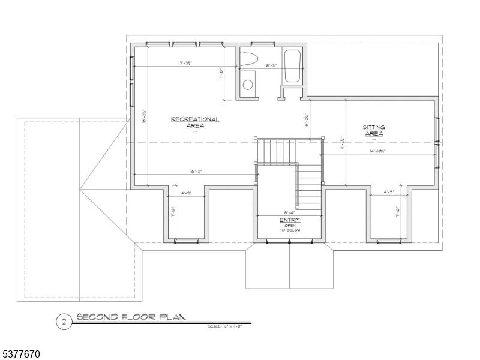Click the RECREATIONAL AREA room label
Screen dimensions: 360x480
tap(195, 122)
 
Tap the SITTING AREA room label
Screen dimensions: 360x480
tap(374, 130)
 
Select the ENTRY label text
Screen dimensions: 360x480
tap(290, 220)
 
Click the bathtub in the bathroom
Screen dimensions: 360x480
tap(292, 67)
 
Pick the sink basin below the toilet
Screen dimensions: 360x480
tap(247, 84)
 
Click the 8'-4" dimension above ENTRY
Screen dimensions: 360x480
tap(289, 212)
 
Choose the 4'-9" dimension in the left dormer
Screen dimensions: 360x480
tap(186, 193)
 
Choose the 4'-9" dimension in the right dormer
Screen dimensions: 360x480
tap(389, 193)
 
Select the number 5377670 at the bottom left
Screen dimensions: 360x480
tap(21, 355)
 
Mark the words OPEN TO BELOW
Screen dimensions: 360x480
tap(290, 227)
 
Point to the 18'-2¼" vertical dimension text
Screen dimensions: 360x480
tap(145, 117)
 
